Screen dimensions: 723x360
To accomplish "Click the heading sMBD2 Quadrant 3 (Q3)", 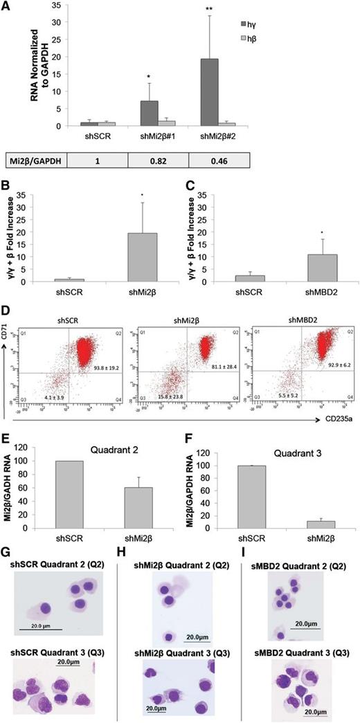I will (300, 637).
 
